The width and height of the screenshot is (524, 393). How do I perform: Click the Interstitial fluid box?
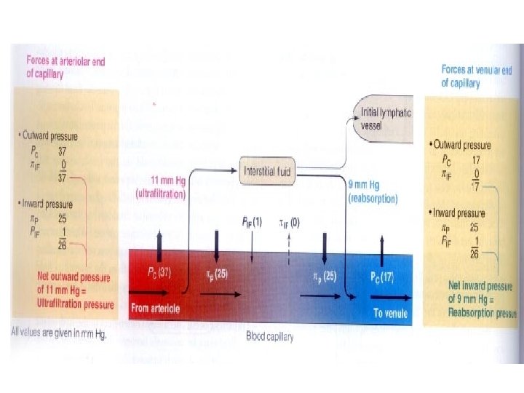click(269, 171)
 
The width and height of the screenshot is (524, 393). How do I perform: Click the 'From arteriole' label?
click(155, 308)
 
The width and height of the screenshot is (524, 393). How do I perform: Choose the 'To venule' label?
click(390, 314)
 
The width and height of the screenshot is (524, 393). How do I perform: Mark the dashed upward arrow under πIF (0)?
click(290, 244)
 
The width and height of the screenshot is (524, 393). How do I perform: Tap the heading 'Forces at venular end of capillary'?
click(475, 76)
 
